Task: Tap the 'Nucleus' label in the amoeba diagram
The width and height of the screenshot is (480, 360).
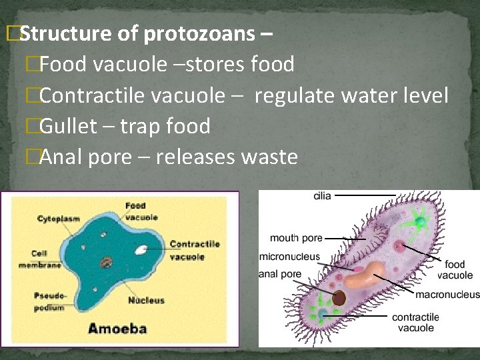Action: [x=146, y=301]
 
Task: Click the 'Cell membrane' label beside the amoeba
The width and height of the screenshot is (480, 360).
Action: [x=45, y=259]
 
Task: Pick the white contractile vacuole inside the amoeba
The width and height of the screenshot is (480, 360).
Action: [x=141, y=251]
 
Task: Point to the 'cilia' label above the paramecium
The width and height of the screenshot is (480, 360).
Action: [x=323, y=196]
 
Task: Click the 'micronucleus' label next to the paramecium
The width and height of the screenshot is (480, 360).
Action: [x=289, y=257]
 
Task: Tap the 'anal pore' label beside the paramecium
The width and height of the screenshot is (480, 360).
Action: [x=280, y=274]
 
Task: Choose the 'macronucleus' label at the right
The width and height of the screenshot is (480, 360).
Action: [x=447, y=295]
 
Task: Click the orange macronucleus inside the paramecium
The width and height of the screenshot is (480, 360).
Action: [x=363, y=275]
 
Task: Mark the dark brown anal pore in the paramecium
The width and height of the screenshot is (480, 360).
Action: [x=340, y=297]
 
